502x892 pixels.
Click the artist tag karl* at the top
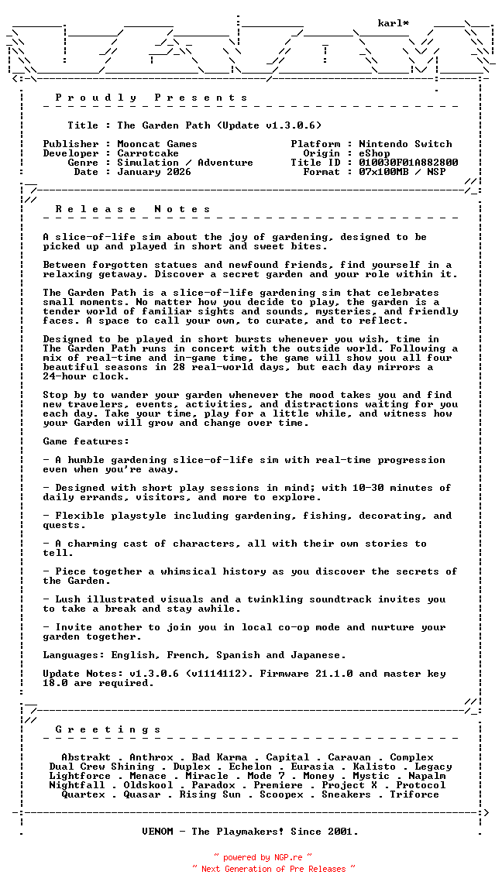tap(394, 23)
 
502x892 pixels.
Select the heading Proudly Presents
tap(152, 98)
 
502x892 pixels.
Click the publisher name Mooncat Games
tap(157, 144)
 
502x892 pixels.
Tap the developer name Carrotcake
tap(148, 153)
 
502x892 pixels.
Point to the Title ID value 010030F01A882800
tap(408, 163)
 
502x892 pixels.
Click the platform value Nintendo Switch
tap(405, 144)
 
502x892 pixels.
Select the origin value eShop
tap(374, 153)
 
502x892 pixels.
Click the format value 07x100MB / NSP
tap(402, 172)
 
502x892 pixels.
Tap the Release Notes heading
tap(133, 209)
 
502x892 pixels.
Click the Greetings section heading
tap(108, 729)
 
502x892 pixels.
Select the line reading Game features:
tap(86, 441)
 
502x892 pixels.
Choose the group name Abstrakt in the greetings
tap(86, 757)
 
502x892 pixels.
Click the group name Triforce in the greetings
tap(414, 794)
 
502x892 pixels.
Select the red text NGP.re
tap(287, 858)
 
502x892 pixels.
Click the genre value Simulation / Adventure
tap(185, 163)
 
